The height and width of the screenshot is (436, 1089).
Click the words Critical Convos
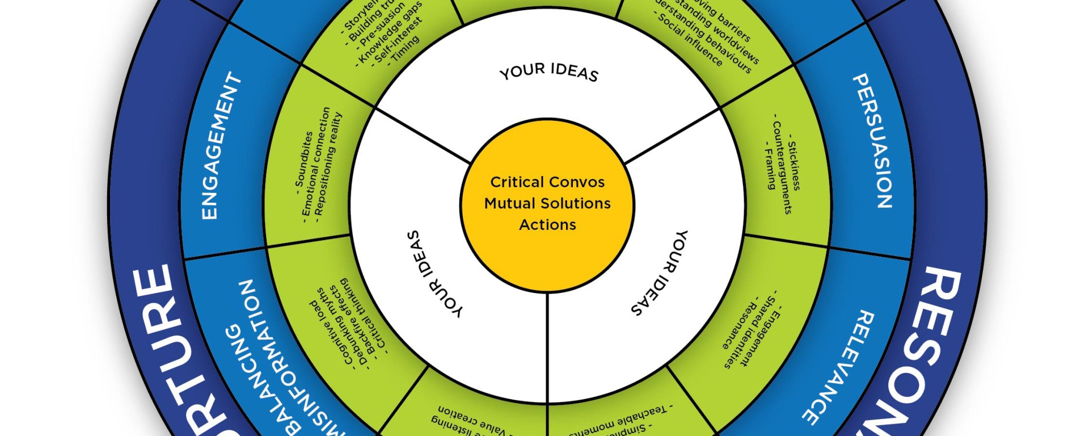coord(547,182)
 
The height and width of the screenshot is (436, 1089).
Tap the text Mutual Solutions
coord(547,203)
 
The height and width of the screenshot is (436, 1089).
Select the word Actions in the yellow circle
coord(547,225)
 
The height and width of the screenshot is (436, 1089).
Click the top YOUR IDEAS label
coord(548,72)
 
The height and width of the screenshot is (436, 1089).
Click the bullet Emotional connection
coord(315,162)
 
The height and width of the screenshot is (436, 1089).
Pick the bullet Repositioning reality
coord(328,164)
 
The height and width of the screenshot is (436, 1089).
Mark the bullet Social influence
coord(689,40)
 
